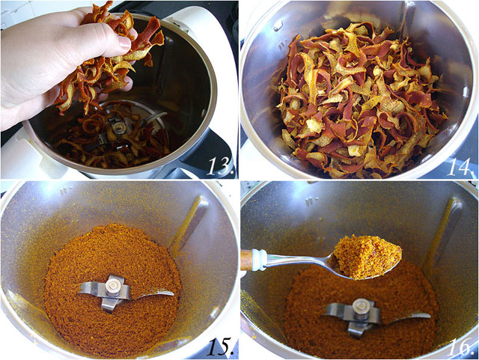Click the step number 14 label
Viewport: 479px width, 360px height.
[x=458, y=165]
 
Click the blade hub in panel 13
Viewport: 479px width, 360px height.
[x=118, y=128]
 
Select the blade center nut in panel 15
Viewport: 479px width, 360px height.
[x=114, y=284]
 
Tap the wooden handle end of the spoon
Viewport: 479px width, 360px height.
[x=246, y=260]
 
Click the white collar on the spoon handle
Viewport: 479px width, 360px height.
[x=259, y=259]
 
